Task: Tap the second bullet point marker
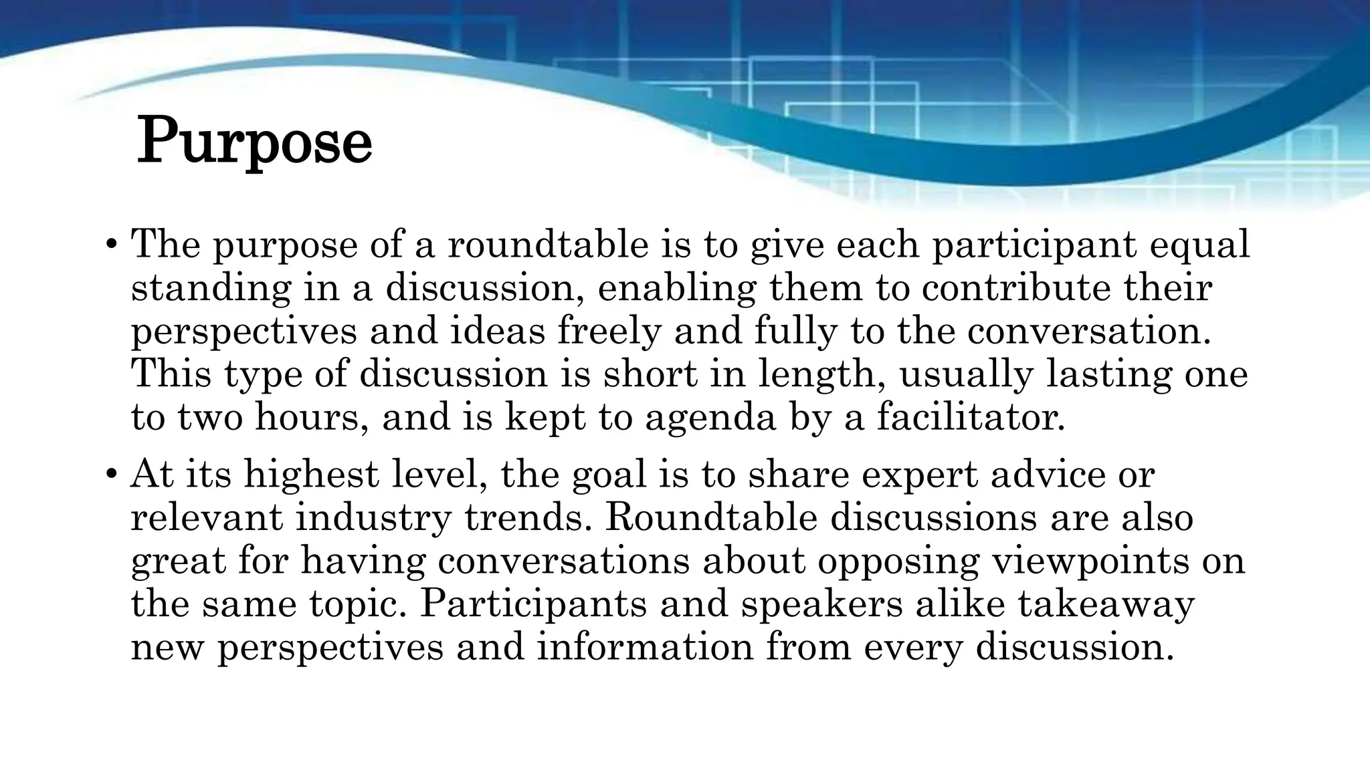tap(112, 475)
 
